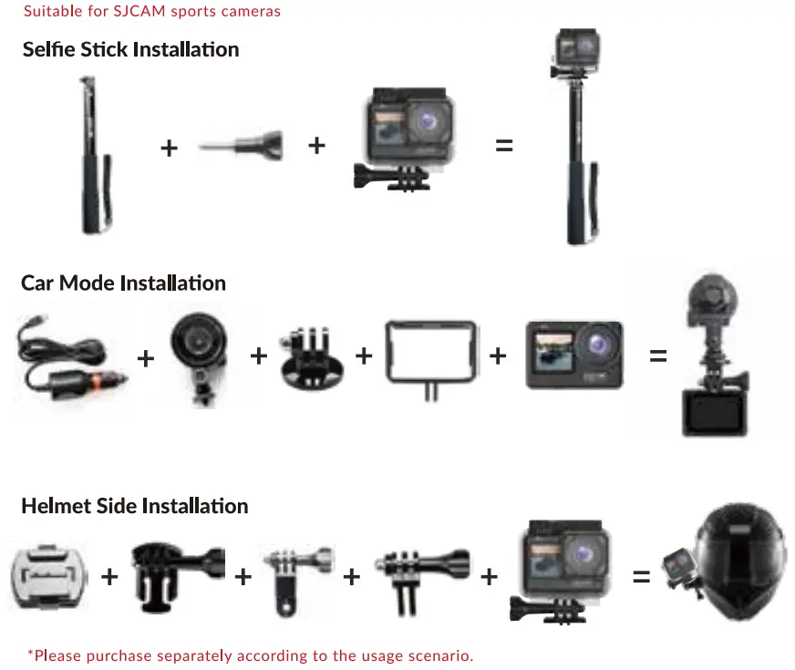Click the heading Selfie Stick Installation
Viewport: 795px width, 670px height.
[x=130, y=49]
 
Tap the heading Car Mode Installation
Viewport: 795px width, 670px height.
[x=123, y=283]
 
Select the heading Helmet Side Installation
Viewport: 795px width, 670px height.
[x=134, y=506]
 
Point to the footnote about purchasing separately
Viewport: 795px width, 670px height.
[x=250, y=655]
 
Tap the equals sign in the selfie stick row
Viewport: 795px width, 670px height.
[x=504, y=145]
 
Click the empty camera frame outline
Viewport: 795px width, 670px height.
[x=431, y=356]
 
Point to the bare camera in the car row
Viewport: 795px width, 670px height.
[x=573, y=356]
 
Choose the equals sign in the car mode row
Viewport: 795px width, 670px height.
[x=658, y=356]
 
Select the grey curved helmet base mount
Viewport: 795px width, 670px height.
[x=51, y=577]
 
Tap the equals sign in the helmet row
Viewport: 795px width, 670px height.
[x=642, y=576]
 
